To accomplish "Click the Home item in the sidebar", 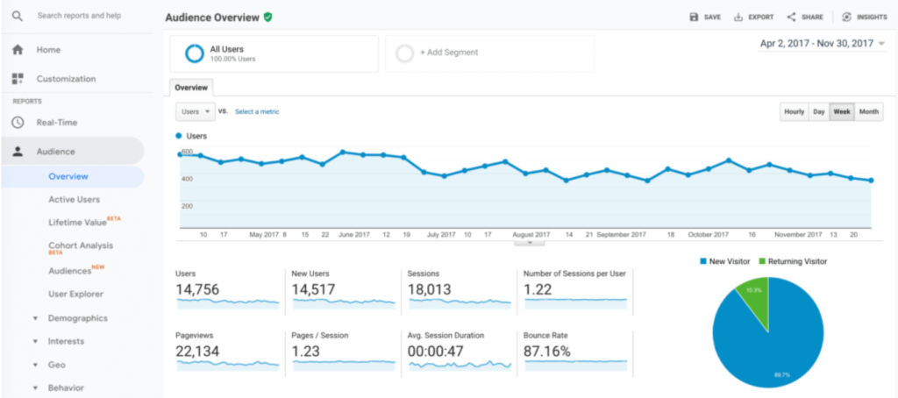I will tap(48, 50).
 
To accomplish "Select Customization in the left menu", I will tap(66, 79).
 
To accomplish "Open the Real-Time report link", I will tap(56, 123).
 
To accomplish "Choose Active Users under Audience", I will tap(74, 200).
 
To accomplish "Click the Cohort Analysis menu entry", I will tap(81, 245).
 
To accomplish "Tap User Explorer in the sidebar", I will tap(75, 295).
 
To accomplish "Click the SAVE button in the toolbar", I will tap(705, 17).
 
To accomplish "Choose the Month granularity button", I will tap(869, 112).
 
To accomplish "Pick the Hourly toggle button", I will tap(794, 112).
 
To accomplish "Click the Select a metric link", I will tap(257, 112).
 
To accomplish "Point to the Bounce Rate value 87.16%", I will tap(546, 352).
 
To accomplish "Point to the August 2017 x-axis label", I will tap(531, 235).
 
